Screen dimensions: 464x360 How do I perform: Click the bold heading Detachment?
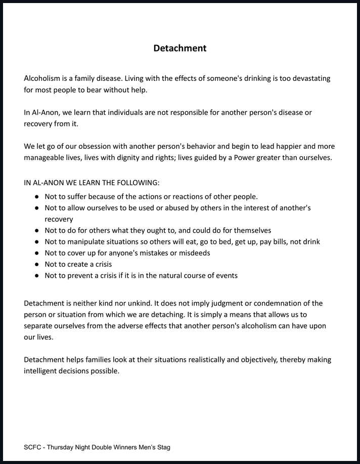tap(180, 49)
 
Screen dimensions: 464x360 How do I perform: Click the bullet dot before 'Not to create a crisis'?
tap(37, 264)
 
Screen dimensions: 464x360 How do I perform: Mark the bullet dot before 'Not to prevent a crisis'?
tap(37, 276)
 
